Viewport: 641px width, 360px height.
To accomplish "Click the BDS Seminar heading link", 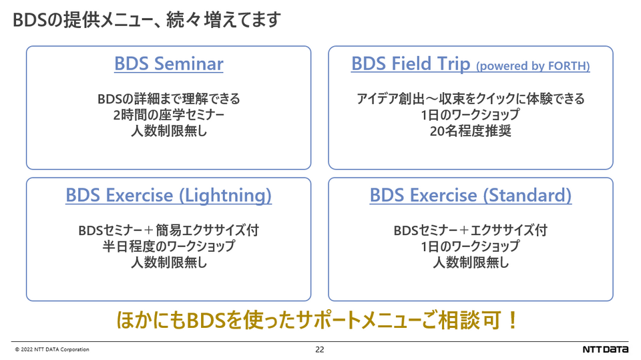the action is pos(169,64).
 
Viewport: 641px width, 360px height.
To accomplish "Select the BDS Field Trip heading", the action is pos(411,64).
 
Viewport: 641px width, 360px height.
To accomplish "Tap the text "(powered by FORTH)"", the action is pos(533,66).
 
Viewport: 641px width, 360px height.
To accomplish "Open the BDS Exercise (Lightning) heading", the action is pos(168,196).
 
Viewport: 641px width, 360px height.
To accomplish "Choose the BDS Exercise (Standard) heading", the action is pos(471,196).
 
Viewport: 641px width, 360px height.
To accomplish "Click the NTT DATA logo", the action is pos(606,349).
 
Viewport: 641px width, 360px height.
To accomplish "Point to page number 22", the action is pos(320,349).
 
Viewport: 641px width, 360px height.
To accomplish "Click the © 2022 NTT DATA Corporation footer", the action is pos(52,349).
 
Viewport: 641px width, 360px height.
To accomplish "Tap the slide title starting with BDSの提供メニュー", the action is pos(147,19).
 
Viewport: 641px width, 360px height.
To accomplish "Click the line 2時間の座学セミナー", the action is pos(169,115).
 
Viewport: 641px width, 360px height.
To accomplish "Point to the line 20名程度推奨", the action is pos(471,131).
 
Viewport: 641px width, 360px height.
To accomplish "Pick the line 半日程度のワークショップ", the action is pos(169,246).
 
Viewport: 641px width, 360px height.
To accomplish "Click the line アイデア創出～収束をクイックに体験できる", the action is pos(471,99).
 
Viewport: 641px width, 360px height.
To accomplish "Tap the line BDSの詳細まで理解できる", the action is pos(169,99).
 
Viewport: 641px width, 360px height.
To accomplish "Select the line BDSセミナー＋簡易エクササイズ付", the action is pos(169,230).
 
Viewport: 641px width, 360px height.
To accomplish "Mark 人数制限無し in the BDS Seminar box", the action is pos(169,131).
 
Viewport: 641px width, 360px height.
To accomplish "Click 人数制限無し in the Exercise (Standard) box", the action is pos(471,262).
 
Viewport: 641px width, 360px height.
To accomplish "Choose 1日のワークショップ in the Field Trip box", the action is pos(471,115).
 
